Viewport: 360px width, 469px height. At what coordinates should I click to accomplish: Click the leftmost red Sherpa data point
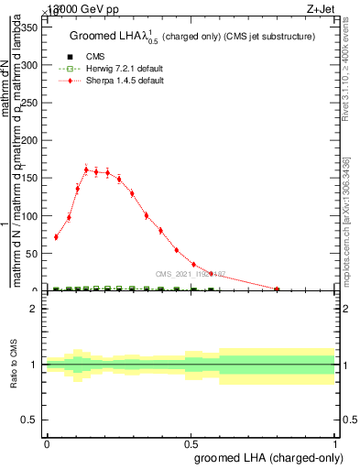[56, 237]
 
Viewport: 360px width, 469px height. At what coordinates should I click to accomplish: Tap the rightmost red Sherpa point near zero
[277, 289]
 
